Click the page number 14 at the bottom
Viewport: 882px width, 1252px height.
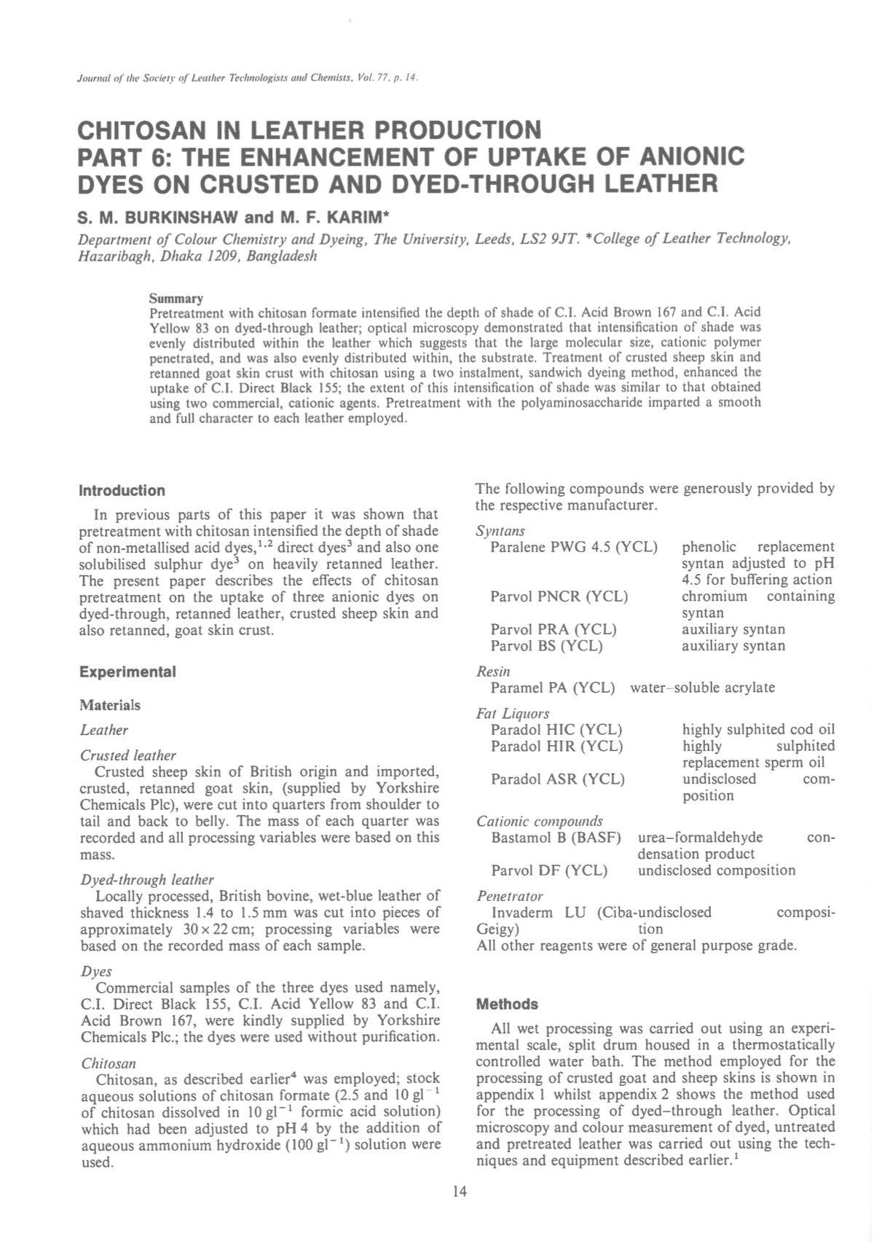(x=459, y=1191)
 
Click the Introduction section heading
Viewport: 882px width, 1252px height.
(x=122, y=490)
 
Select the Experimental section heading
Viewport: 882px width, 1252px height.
(x=127, y=672)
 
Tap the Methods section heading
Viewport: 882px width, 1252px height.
(x=506, y=1004)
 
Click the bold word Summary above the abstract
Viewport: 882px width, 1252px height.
(x=176, y=299)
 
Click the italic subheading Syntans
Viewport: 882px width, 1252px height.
(x=500, y=531)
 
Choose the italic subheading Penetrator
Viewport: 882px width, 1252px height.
(x=509, y=895)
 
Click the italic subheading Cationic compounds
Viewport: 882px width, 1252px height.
(x=539, y=821)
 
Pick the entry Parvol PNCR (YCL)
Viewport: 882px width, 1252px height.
(x=559, y=597)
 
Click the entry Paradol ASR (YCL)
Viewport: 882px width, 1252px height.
(x=557, y=779)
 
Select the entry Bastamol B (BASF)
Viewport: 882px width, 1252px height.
(x=556, y=838)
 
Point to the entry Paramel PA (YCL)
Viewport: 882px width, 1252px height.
(x=552, y=688)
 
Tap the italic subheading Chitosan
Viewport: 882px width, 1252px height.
(x=108, y=1063)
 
